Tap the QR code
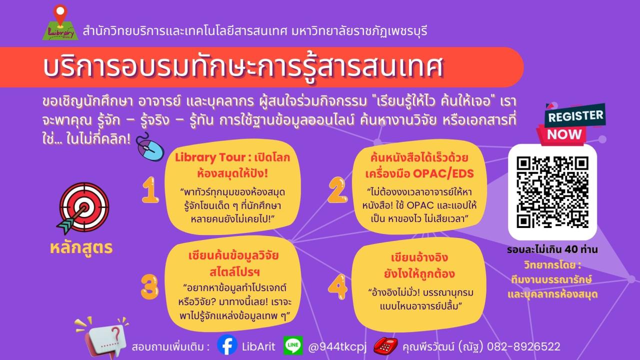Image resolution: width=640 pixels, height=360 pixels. coord(552,192)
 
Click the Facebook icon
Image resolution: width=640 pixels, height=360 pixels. coord(227,345)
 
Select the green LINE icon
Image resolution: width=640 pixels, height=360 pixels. coord(293,345)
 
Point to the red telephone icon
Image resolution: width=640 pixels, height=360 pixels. coord(385,345)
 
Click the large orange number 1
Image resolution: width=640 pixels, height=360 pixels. coord(150,189)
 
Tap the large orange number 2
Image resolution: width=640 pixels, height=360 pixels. coord(337,189)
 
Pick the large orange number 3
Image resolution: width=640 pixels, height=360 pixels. coord(149,286)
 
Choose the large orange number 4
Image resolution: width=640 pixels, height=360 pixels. coord(337,286)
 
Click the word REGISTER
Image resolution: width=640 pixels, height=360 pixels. coord(575,116)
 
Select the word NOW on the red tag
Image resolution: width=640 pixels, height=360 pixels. coord(564,134)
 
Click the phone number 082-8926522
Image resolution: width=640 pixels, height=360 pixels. coord(523,346)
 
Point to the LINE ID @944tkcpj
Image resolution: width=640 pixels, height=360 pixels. coord(337,347)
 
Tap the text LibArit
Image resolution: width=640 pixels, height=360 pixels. coord(258,346)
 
